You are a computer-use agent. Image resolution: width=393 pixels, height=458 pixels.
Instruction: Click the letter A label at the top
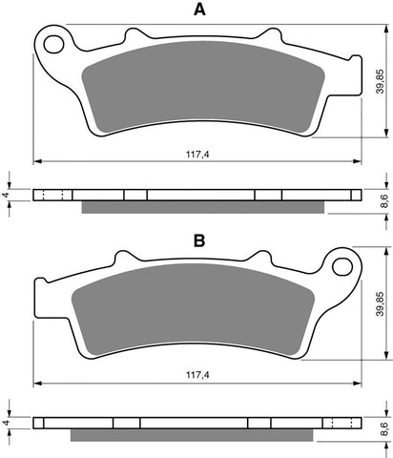click(x=198, y=11)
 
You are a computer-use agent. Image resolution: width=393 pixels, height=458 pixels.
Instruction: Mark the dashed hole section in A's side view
click(x=54, y=195)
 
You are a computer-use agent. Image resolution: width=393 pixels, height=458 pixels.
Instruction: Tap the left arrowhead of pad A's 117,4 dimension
click(x=37, y=159)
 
